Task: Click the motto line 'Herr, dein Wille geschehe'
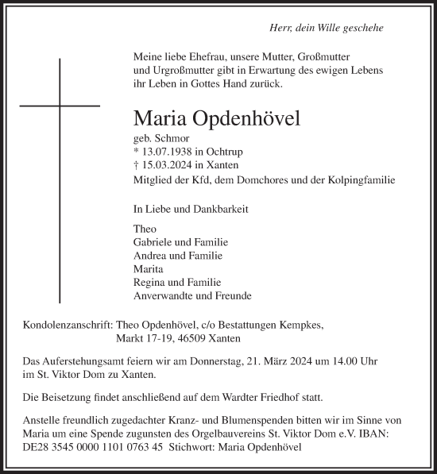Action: coord(327,27)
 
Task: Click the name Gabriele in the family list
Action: coord(156,241)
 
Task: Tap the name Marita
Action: coord(150,269)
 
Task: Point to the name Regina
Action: coord(152,283)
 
